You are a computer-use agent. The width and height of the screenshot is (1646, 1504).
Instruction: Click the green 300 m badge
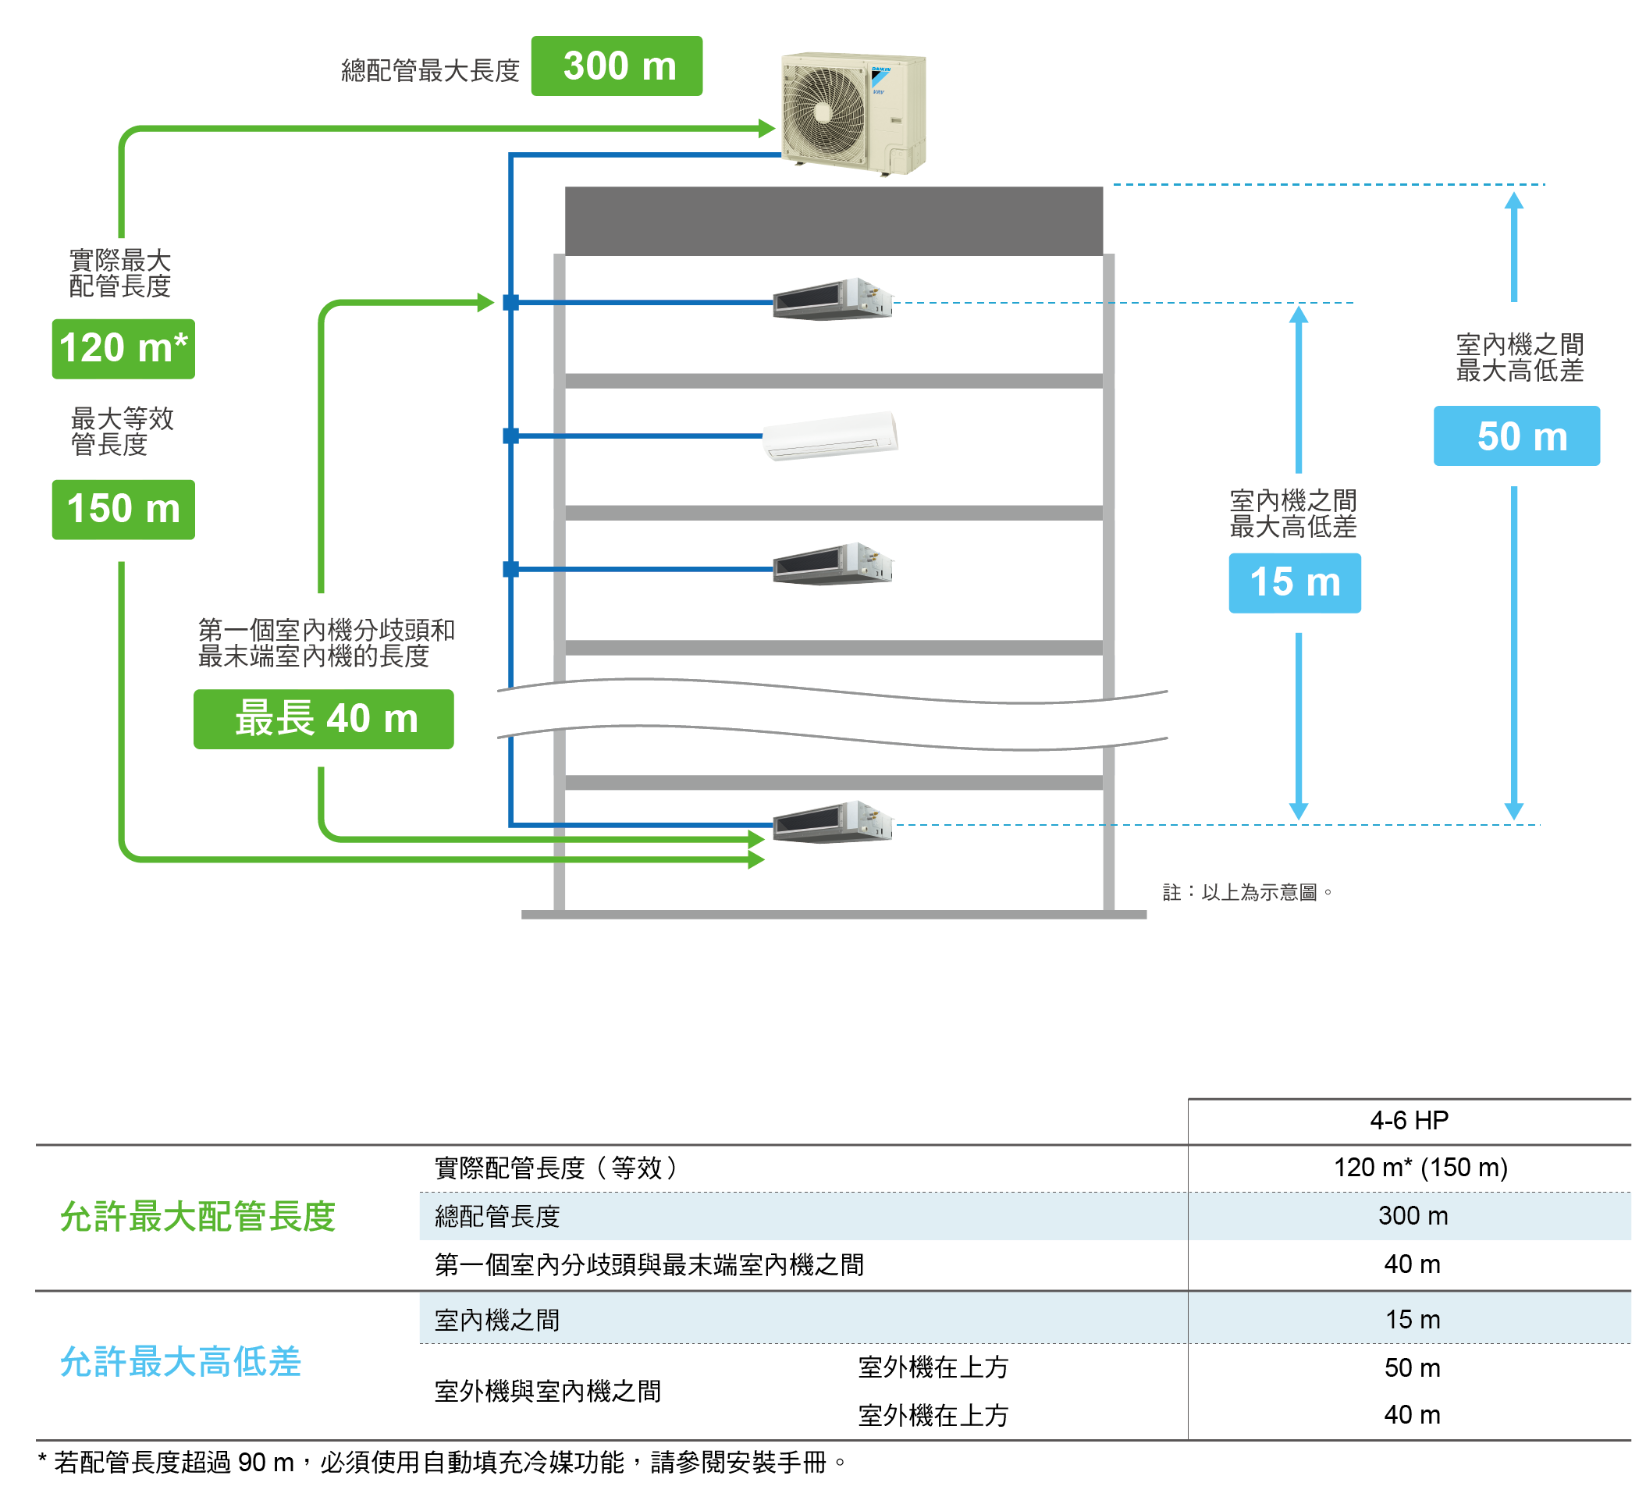(x=617, y=66)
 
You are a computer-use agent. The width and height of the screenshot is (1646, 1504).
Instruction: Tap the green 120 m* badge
(x=123, y=349)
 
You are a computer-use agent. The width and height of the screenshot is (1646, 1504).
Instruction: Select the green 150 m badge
(x=123, y=510)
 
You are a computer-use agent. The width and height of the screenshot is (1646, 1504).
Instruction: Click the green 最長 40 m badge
(x=323, y=720)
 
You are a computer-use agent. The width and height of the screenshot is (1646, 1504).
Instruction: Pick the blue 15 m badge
(x=1295, y=583)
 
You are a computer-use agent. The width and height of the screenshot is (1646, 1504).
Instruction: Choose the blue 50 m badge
(x=1517, y=436)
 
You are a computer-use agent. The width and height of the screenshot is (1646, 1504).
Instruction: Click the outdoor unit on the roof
(x=854, y=112)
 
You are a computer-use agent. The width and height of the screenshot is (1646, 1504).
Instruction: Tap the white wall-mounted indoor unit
(x=830, y=436)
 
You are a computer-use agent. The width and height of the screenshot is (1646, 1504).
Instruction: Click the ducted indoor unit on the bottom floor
(x=833, y=821)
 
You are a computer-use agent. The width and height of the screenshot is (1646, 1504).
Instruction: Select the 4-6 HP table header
(x=1410, y=1120)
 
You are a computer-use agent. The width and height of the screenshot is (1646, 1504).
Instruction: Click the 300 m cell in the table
(x=1413, y=1216)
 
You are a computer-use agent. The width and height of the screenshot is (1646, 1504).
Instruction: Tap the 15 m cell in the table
(x=1413, y=1320)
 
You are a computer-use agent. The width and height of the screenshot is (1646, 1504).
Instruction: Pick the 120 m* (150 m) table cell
(x=1420, y=1168)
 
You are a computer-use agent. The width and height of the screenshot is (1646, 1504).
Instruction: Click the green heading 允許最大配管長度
(x=197, y=1217)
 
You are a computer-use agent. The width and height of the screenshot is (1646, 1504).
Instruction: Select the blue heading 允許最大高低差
(x=180, y=1362)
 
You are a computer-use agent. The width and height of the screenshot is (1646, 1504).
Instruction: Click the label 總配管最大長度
(x=430, y=71)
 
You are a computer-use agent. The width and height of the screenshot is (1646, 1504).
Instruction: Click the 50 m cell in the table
(x=1413, y=1367)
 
